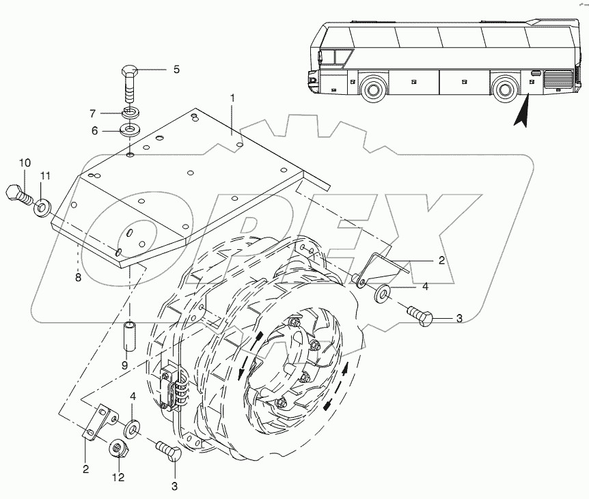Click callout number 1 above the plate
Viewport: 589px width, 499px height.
pyautogui.click(x=232, y=99)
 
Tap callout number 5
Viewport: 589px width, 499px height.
pyautogui.click(x=176, y=69)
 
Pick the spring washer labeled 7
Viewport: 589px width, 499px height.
pyautogui.click(x=130, y=112)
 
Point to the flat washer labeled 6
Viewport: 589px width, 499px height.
pyautogui.click(x=130, y=129)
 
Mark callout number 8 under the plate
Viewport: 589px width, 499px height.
pyautogui.click(x=78, y=278)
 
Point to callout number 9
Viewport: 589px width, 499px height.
pyautogui.click(x=124, y=365)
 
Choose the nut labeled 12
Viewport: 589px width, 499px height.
pyautogui.click(x=117, y=449)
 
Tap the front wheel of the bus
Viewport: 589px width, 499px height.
pyautogui.click(x=372, y=89)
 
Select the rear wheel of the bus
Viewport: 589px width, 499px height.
pyautogui.click(x=504, y=89)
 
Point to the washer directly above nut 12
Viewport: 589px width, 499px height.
pyautogui.click(x=132, y=428)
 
